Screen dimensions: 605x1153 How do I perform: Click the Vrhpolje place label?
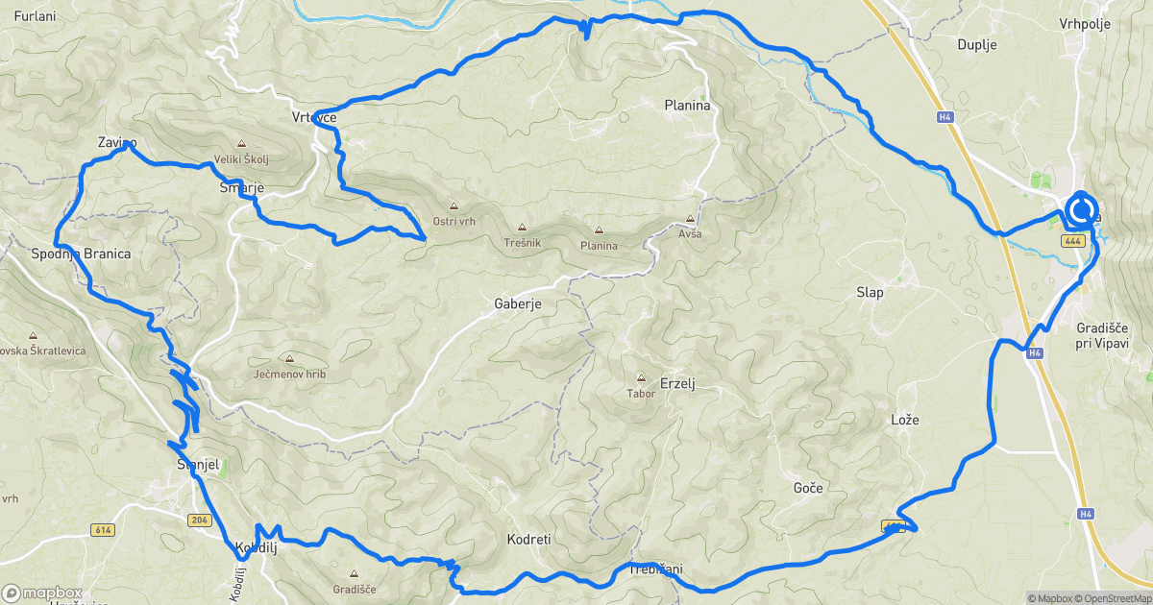(x=1084, y=23)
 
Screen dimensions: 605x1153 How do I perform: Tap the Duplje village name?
(x=977, y=44)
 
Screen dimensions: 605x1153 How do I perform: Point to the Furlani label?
(x=37, y=16)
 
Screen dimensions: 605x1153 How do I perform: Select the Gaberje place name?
(x=519, y=303)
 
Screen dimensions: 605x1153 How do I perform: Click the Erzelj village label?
(x=677, y=383)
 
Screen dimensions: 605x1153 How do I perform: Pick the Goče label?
(x=808, y=488)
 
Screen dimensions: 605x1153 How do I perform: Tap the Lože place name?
(x=905, y=421)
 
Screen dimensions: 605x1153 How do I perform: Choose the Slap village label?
(x=870, y=291)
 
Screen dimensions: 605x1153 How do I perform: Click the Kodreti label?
(x=528, y=540)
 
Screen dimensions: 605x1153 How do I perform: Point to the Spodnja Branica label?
(x=81, y=254)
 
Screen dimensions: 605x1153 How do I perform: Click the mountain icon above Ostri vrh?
(x=454, y=206)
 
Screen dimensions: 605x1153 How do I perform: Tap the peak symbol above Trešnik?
(x=522, y=229)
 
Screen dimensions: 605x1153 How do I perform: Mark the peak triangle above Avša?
(x=691, y=219)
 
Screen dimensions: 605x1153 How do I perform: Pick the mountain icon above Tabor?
(x=641, y=377)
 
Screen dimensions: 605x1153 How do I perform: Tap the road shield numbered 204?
(x=199, y=520)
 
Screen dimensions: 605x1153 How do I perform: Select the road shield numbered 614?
(x=103, y=529)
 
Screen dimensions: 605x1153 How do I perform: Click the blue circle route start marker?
(x=1082, y=210)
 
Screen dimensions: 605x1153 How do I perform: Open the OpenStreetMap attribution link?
(x=1108, y=598)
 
